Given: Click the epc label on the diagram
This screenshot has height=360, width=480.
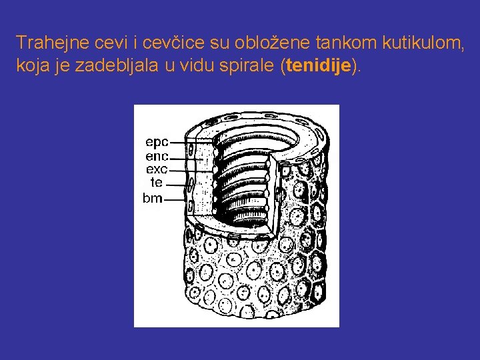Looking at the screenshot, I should click(157, 142).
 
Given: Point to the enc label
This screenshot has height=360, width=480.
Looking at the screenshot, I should click(157, 156).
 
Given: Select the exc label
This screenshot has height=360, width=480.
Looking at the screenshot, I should click(157, 169).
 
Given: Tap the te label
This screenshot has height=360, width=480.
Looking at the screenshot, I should click(157, 182).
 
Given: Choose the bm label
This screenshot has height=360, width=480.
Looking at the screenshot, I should click(153, 198).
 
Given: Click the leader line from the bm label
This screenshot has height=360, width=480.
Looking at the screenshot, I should click(175, 198).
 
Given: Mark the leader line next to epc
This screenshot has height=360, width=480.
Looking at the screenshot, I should click(190, 141).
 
